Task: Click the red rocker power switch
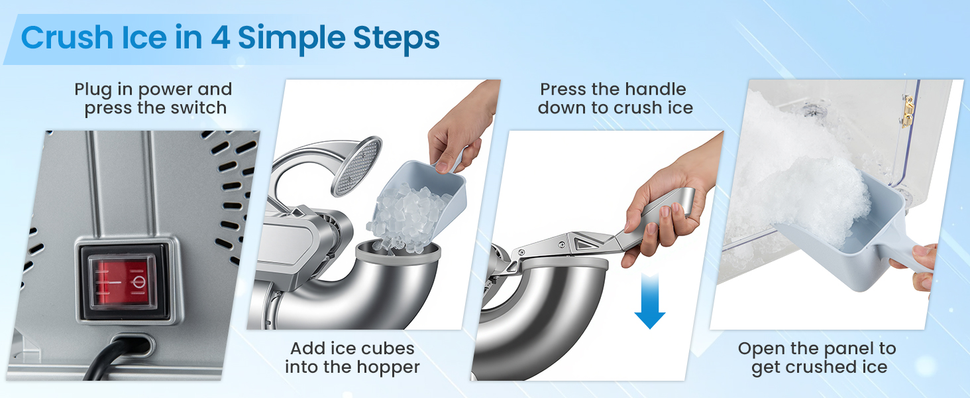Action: pos(122,283)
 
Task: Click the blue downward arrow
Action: pos(649,301)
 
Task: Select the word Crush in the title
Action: pos(67,37)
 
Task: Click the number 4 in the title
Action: pos(221,38)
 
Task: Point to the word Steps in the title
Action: pos(396,39)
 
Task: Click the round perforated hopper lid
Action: pos(356,166)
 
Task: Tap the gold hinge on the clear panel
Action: pos(908,112)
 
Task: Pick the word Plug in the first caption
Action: pos(93,90)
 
